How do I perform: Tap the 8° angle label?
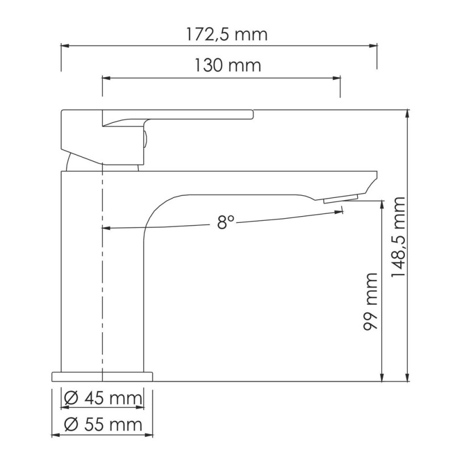tap(225, 223)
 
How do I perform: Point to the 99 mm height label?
tap(370, 301)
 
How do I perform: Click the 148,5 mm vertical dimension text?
tap(399, 238)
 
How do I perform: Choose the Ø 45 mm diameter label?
tap(102, 399)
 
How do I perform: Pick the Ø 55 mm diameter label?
tap(102, 424)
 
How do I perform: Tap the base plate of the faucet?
tap(102, 376)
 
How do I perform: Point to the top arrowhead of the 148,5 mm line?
tap(408, 113)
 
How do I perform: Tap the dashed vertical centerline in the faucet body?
tap(102, 273)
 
